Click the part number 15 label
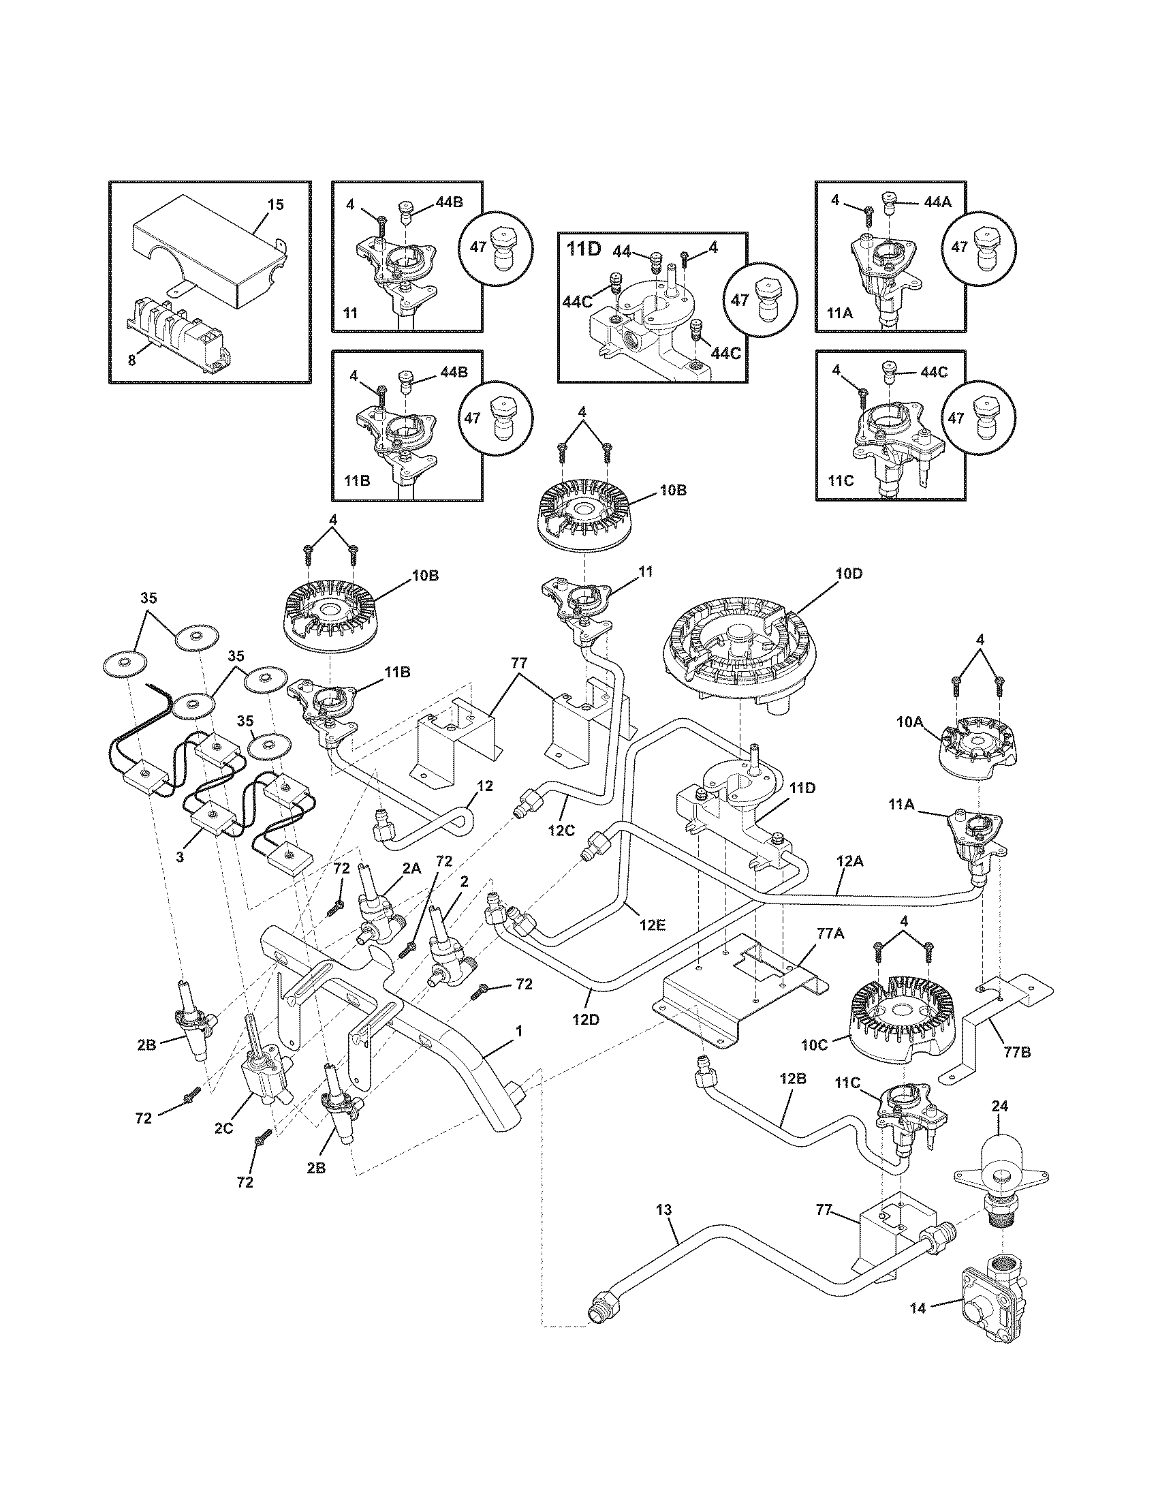275,204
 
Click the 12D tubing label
586,1019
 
